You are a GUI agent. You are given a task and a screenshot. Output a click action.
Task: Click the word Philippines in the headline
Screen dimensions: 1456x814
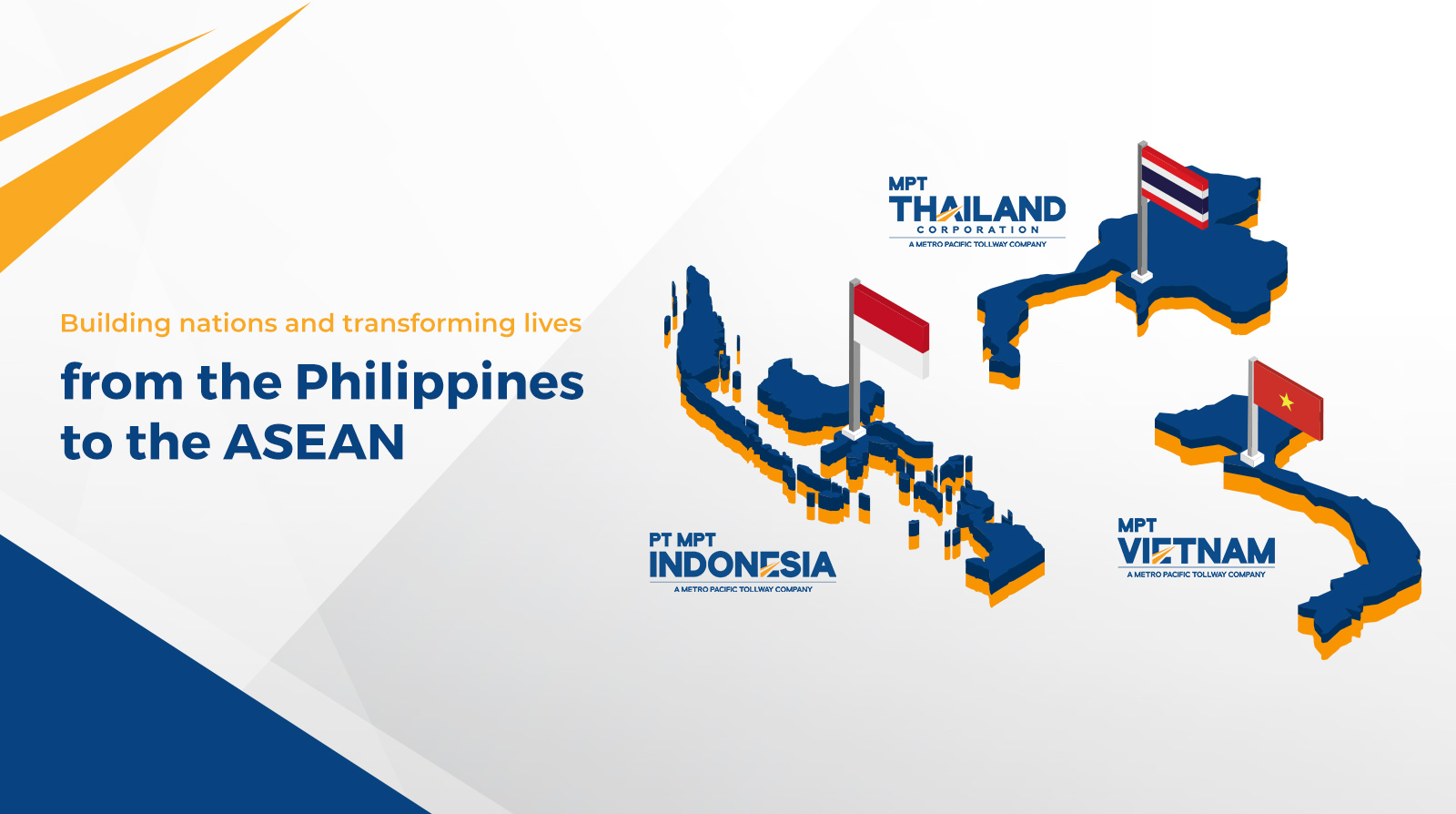pos(440,383)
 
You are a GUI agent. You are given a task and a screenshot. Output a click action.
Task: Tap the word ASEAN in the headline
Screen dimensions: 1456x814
pos(314,443)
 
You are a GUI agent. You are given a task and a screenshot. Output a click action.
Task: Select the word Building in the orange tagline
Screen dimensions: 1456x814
pos(116,323)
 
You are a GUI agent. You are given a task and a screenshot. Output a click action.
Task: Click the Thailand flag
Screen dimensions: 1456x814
pos(1175,188)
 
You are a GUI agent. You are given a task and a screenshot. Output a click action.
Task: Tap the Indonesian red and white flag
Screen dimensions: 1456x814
pos(891,331)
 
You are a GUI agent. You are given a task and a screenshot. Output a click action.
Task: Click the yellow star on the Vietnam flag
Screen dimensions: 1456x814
pos(1286,402)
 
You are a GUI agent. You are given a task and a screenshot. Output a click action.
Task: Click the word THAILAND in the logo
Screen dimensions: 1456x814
pos(977,209)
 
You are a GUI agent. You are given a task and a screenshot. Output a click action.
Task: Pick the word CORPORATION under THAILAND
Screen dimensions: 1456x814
pos(978,229)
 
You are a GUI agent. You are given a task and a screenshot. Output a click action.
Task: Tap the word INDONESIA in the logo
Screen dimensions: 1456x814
pos(743,565)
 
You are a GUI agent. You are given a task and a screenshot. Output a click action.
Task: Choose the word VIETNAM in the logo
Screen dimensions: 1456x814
pos(1196,552)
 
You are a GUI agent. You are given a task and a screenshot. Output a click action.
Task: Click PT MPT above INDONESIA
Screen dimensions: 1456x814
pos(682,540)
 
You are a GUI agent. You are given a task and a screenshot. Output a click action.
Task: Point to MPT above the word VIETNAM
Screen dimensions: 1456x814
pos(1137,524)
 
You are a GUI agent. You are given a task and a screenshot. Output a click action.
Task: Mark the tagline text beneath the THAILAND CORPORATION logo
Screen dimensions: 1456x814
pos(977,244)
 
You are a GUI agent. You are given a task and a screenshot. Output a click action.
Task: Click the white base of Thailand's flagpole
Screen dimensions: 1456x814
pos(1142,276)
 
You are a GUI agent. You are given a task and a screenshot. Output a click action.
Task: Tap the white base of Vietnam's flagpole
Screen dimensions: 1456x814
pos(1252,458)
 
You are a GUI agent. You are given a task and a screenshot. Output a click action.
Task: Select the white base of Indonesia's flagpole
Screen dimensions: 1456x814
pos(854,432)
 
